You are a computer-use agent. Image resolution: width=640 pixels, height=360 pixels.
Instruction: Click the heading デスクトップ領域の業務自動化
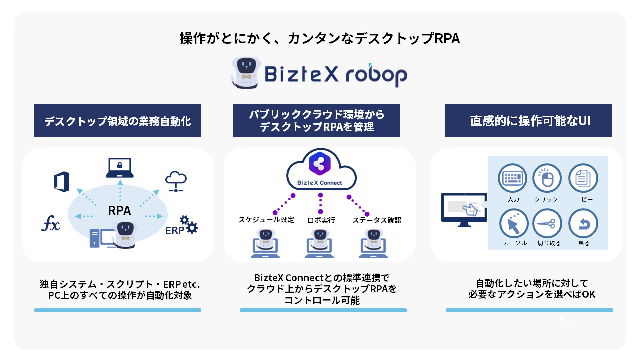point(117,121)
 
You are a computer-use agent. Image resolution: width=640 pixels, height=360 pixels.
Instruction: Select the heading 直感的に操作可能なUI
point(528,121)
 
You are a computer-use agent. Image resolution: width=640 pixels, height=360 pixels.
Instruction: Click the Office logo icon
point(62,182)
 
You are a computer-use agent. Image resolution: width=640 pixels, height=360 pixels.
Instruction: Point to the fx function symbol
point(50,224)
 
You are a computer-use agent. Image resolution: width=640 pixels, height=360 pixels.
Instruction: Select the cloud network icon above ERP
point(176,182)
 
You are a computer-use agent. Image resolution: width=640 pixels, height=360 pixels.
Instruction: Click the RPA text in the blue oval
point(119,211)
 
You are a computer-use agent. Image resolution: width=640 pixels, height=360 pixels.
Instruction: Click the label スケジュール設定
point(266,220)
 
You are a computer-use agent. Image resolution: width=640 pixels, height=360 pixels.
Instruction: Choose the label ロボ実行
point(321,220)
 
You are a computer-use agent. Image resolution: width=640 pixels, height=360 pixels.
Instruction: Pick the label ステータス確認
point(376,220)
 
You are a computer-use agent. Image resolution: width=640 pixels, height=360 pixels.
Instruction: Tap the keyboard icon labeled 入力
point(513,178)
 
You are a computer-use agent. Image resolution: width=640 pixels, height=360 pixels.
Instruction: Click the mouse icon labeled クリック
point(548,178)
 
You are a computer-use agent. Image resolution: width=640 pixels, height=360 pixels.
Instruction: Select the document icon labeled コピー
point(583,178)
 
